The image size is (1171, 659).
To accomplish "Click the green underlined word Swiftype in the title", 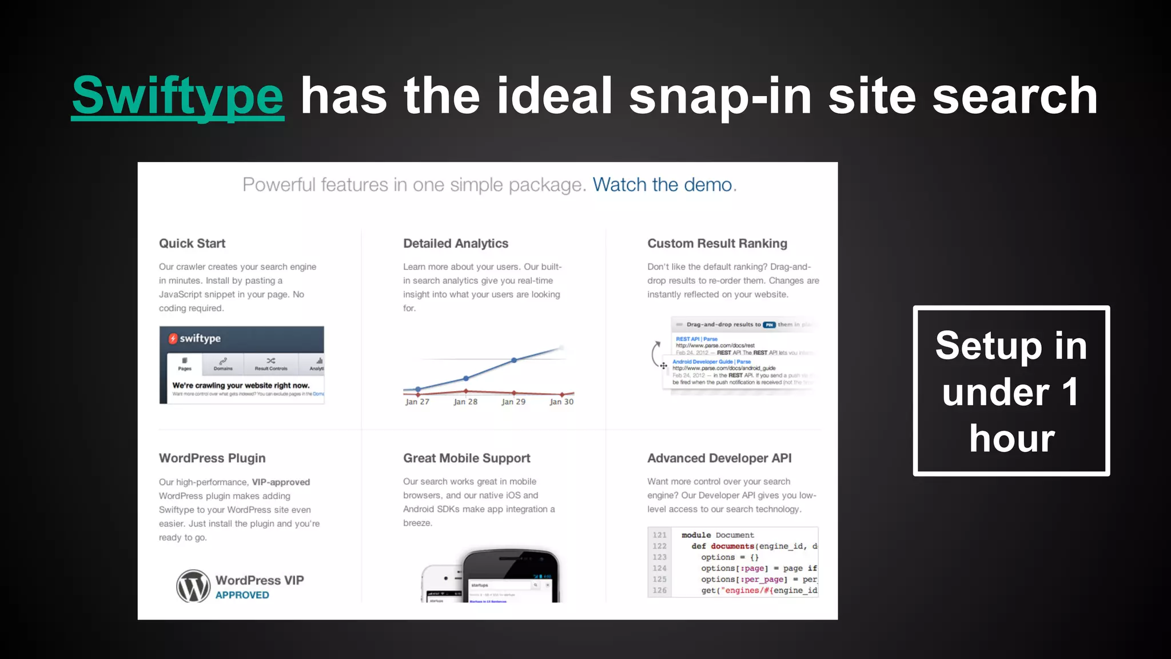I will pos(178,96).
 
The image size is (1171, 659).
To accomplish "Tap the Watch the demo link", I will pos(663,185).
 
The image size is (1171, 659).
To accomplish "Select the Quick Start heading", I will pos(192,244).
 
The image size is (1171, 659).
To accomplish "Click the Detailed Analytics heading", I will pos(456,244).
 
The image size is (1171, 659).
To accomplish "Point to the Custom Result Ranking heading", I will pos(717,244).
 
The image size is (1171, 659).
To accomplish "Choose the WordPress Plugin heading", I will pos(212,458).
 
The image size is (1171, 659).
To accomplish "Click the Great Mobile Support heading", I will pos(467,458).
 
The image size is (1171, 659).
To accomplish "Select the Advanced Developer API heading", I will pos(719,458).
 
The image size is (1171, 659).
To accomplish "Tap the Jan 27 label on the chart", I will pos(417,402).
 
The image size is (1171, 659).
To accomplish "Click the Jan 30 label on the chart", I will pos(561,402).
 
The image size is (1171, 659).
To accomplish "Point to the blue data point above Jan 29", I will pos(514,360).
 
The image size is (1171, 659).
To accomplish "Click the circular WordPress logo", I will pos(193,586).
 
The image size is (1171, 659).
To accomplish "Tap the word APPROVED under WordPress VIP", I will pos(242,596).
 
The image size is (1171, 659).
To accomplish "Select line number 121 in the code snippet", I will pos(660,535).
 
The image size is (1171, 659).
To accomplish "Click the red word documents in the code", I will pos(732,546).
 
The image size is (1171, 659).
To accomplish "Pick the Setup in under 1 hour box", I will pos(1011,391).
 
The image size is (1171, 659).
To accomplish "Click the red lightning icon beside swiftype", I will pos(173,339).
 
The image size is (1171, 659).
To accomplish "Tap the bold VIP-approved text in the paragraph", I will pos(281,482).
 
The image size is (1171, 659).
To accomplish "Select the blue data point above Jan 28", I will pos(466,378).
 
